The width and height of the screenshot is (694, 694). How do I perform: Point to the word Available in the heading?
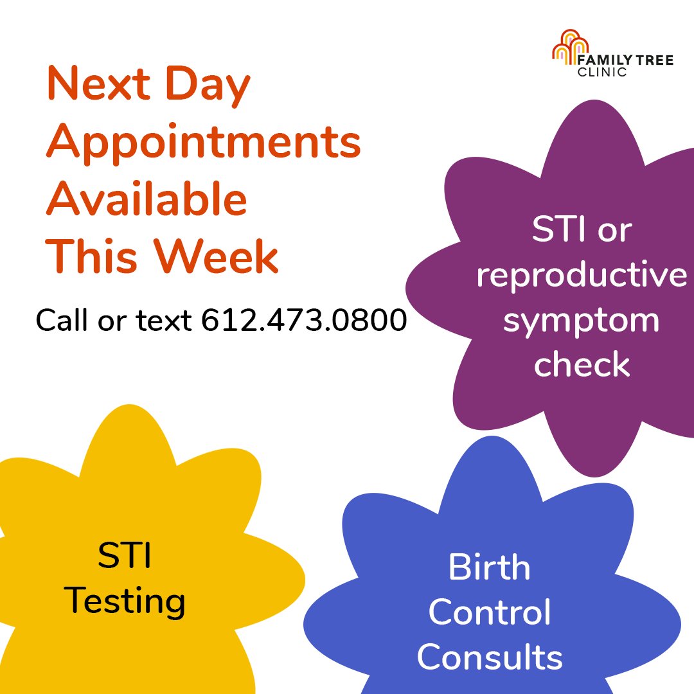point(147,199)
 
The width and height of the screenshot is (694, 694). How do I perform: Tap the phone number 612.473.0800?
point(304,319)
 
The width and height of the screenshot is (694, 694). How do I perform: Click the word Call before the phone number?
point(64,319)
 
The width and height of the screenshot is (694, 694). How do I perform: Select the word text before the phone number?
point(164,319)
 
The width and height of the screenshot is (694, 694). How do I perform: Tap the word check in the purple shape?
point(582,365)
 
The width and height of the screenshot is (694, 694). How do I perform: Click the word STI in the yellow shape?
point(125,556)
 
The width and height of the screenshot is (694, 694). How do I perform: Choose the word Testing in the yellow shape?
point(125,602)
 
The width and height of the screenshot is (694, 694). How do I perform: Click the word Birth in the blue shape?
point(489,567)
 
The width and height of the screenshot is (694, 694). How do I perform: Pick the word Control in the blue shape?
point(490,612)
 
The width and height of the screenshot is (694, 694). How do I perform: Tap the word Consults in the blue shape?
point(490,657)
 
